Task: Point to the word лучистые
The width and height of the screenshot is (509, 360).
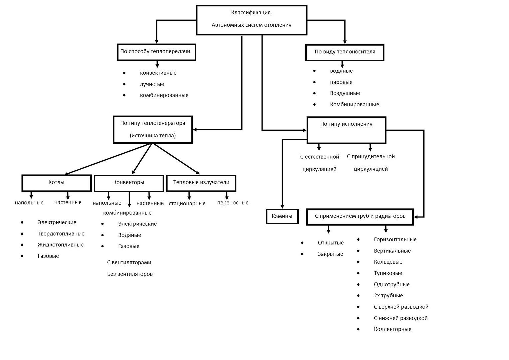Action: [152, 84]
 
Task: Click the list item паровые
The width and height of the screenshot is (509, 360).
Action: [341, 82]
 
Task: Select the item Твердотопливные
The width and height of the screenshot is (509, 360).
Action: [61, 234]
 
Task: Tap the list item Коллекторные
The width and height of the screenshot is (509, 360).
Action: [393, 329]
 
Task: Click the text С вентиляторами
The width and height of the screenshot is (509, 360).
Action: [129, 262]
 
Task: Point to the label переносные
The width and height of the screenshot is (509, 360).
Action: [233, 203]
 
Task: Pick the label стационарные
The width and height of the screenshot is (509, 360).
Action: [187, 204]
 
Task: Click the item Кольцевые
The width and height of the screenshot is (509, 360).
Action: [388, 262]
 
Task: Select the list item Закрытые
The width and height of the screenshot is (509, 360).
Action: [330, 254]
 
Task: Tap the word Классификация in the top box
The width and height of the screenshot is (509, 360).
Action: [251, 13]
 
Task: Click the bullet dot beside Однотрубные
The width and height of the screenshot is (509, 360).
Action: [358, 284]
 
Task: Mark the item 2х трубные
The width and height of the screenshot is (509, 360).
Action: [388, 295]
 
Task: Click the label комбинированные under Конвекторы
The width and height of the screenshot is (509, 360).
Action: [127, 213]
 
